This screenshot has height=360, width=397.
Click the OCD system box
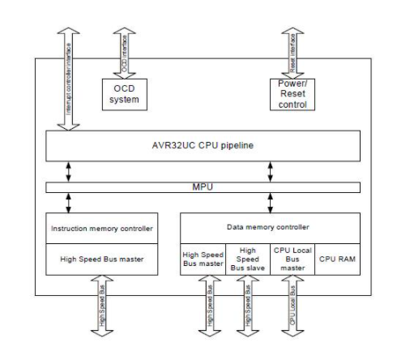pyautogui.click(x=124, y=94)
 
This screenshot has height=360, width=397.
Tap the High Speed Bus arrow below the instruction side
pyautogui.click(x=102, y=310)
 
